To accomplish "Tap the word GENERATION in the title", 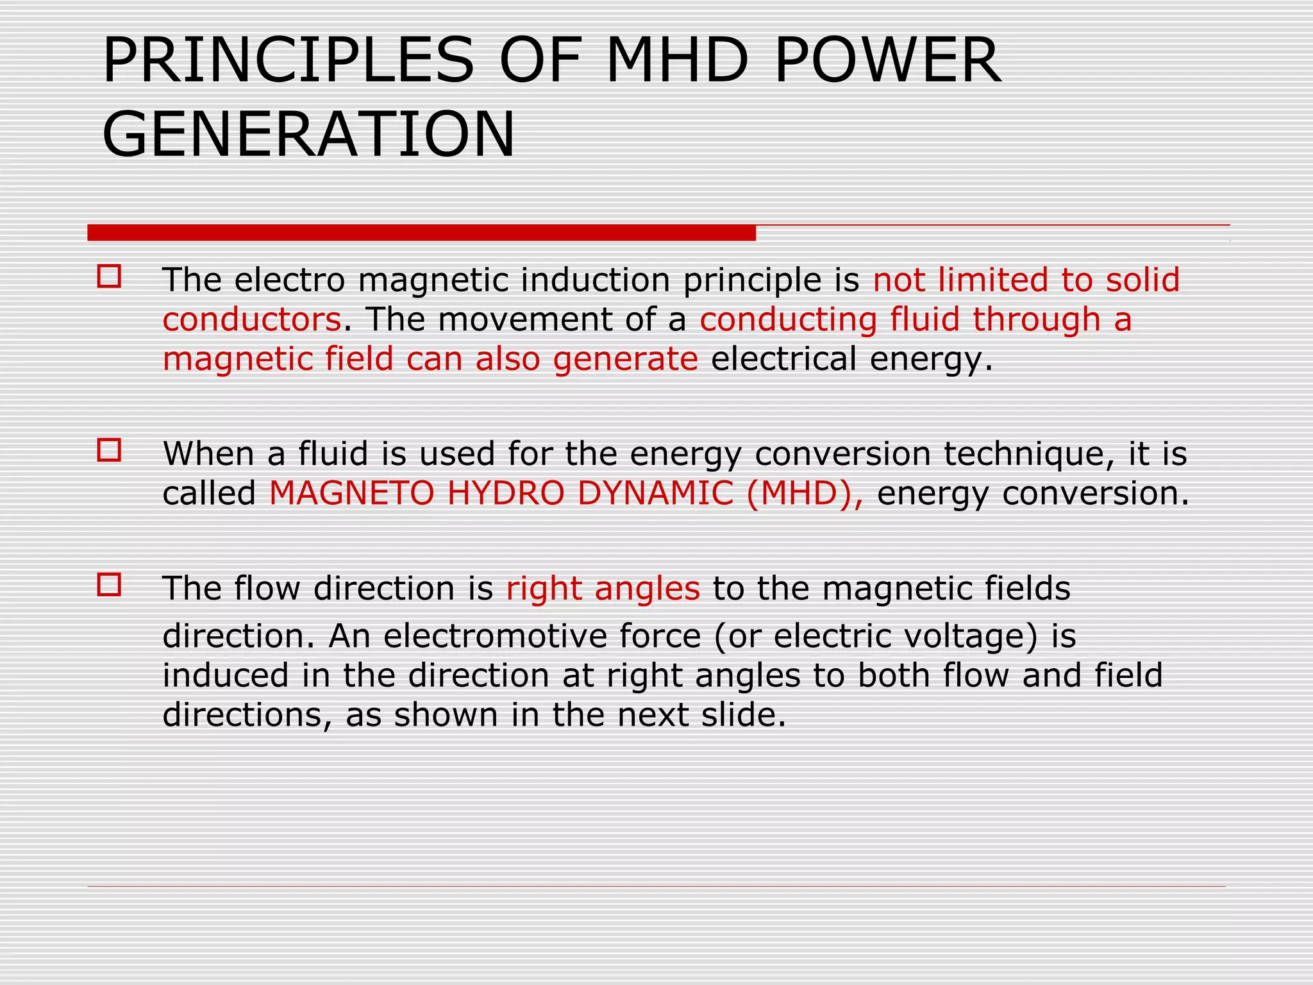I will pyautogui.click(x=308, y=135).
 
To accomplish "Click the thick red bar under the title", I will pyautogui.click(x=421, y=233).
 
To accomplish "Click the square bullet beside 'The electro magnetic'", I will pyautogui.click(x=109, y=276).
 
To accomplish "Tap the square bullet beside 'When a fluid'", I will pyautogui.click(x=109, y=450).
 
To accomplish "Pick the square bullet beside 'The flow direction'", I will pyautogui.click(x=109, y=585).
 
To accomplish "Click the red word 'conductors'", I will pyautogui.click(x=252, y=319).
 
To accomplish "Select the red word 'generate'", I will pyautogui.click(x=625, y=359).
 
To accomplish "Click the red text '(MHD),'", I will pyautogui.click(x=805, y=494).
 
